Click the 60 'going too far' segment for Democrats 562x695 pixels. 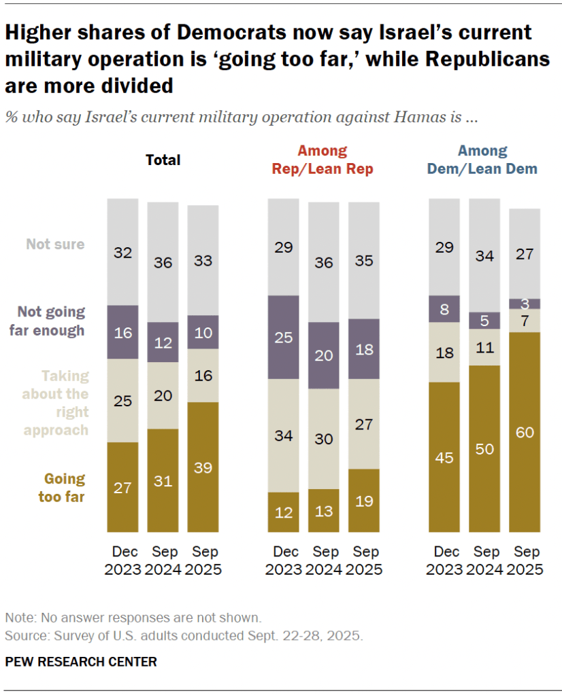(525, 431)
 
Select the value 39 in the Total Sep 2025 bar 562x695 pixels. (203, 467)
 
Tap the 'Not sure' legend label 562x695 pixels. (55, 244)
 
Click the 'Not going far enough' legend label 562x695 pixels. (51, 321)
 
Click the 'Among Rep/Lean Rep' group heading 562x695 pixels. (323, 160)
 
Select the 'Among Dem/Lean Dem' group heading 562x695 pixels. (482, 160)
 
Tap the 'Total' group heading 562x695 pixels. (163, 160)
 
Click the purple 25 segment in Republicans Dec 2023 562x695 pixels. (283, 337)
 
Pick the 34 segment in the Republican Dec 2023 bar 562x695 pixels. (283, 435)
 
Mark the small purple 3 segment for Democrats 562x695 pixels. (525, 303)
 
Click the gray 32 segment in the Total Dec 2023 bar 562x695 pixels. (122, 252)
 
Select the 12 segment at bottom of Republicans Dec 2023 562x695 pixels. (283, 512)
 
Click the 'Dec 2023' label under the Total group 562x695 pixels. (122, 560)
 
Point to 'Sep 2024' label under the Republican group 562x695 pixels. (323, 560)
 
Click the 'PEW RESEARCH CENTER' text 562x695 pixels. (81, 661)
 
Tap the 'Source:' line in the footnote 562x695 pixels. (184, 637)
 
